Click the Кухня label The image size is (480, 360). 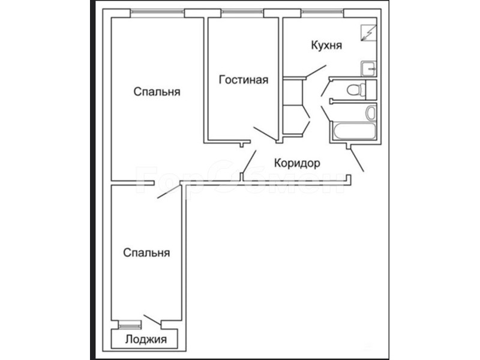coord(326,45)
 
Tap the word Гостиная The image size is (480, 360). coord(244,80)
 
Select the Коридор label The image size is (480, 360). coord(297,163)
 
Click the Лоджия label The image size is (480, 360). coord(146,339)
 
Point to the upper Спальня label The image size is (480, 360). coord(157,92)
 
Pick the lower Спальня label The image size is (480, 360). coord(146,253)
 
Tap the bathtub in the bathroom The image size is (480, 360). coord(354,131)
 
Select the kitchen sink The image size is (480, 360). coord(368,68)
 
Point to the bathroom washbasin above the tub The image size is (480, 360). coord(371,112)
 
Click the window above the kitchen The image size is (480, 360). coord(322,12)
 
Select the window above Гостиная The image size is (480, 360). coord(242,12)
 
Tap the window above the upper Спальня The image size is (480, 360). coord(157,12)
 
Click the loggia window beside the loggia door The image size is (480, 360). coord(130,325)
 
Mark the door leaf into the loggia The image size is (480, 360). coord(152,320)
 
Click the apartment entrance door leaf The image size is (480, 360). coord(357,160)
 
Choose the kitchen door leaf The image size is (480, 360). coord(316,71)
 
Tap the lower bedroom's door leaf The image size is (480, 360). coord(169,191)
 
